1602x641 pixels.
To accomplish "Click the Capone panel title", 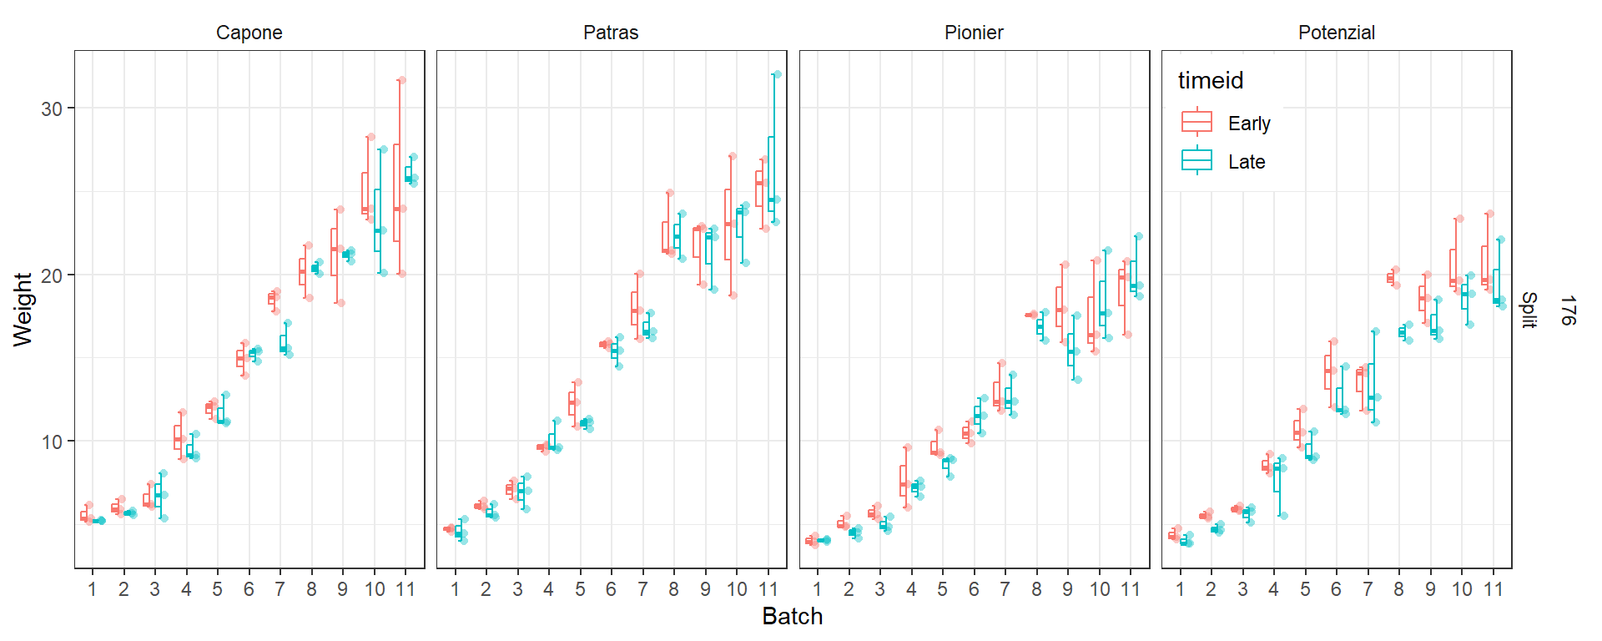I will pos(249,33).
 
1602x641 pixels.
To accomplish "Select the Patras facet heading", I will pos(611,33).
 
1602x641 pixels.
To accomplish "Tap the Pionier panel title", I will pos(974,33).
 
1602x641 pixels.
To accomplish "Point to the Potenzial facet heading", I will pos(1336,33).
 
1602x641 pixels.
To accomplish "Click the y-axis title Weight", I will pos(23,309).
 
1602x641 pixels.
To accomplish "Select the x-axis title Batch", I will pos(792,617).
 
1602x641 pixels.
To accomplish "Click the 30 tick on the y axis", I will pos(52,109).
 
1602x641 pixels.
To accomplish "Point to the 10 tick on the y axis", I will pos(52,442).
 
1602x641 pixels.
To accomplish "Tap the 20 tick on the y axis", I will pos(52,275).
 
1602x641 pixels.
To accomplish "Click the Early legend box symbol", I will pos(1196,123).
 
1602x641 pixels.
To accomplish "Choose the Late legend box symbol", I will pos(1196,160).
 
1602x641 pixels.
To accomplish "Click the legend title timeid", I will pos(1210,80).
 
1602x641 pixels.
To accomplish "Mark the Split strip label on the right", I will pos(1528,310).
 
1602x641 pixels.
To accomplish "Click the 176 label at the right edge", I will pos(1567,310).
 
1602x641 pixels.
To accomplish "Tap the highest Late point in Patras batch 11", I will pos(777,74).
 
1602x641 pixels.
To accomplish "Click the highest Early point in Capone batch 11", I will pos(401,80).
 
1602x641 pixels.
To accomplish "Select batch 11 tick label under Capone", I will pos(406,589).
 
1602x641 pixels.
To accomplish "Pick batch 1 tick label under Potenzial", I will pos(1180,589).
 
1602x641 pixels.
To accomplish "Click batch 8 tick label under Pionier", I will pos(1036,589).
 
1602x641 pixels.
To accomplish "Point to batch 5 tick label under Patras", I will pos(580,589).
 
